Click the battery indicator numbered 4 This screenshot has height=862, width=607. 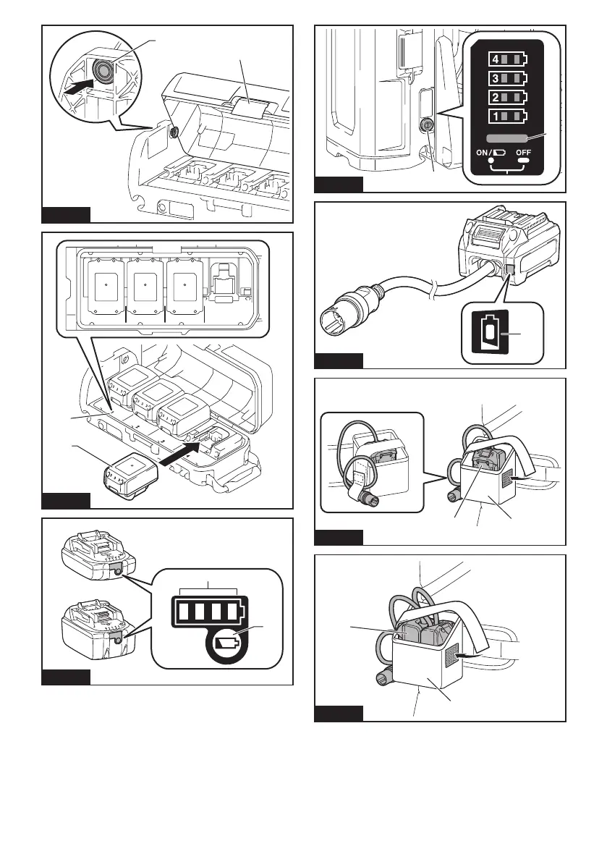(508, 59)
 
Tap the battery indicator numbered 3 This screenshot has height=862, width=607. (508, 78)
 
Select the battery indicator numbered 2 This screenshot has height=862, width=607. (508, 97)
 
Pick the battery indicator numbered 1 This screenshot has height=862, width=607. (508, 117)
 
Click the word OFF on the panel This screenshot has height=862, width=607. (524, 152)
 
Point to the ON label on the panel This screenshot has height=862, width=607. (483, 152)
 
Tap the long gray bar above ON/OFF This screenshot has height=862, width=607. (508, 138)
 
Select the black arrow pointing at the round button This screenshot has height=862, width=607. (77, 87)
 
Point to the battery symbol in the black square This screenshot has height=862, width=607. (491, 332)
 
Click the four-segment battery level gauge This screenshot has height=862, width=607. (209, 611)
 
